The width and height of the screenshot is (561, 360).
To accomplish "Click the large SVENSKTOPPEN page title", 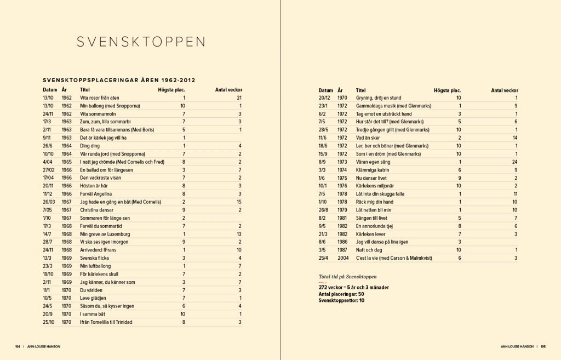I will [141, 43].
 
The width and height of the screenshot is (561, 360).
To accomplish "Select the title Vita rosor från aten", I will [100, 98].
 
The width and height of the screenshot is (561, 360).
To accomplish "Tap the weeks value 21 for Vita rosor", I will [239, 98].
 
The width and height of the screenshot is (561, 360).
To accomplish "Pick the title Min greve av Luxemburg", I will [105, 234].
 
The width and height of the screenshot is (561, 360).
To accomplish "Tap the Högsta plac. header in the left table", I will [171, 89].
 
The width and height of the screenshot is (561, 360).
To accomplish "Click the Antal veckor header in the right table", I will [504, 90].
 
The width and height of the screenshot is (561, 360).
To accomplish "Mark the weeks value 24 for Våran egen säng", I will [514, 162].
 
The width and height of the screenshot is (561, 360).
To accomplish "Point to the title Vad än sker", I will [368, 138].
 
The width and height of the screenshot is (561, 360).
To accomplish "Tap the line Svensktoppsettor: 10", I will [341, 300].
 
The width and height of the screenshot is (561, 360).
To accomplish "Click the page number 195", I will [542, 346].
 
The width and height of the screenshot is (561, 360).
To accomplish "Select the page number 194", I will [18, 346].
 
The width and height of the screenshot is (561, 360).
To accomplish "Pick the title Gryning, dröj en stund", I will [379, 98].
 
